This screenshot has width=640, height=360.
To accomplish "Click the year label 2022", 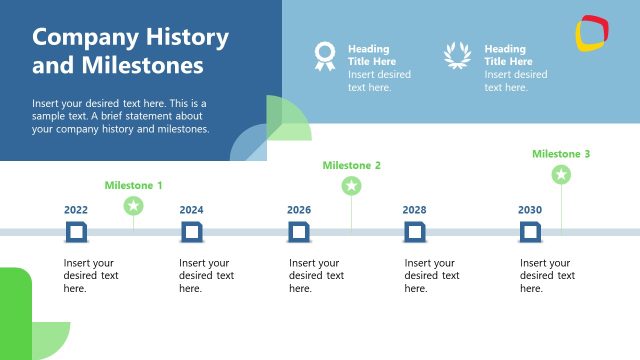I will click(x=76, y=210).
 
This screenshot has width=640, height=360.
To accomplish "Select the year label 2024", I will click(x=191, y=210).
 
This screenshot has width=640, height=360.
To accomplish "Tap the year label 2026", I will click(x=299, y=210).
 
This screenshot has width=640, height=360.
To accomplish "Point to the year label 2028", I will click(x=415, y=210).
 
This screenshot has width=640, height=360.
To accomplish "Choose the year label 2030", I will click(x=530, y=210).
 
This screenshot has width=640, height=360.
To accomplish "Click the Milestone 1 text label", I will click(x=133, y=185).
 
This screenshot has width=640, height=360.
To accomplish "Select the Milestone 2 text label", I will click(x=351, y=165).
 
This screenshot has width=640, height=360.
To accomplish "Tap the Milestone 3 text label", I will click(x=561, y=154).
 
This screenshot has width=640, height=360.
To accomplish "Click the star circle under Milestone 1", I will click(x=133, y=206).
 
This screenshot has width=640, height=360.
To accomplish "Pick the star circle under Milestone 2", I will click(x=351, y=186).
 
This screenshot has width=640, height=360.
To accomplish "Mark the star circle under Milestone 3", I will click(x=561, y=175).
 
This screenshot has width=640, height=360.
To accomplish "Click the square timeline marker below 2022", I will click(x=76, y=233).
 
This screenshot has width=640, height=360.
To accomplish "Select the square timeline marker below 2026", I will click(x=299, y=233).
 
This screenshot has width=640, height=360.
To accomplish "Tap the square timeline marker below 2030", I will click(x=530, y=233).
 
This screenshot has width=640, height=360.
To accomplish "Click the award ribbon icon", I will click(x=324, y=56).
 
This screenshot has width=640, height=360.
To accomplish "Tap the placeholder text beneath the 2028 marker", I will click(x=432, y=275).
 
